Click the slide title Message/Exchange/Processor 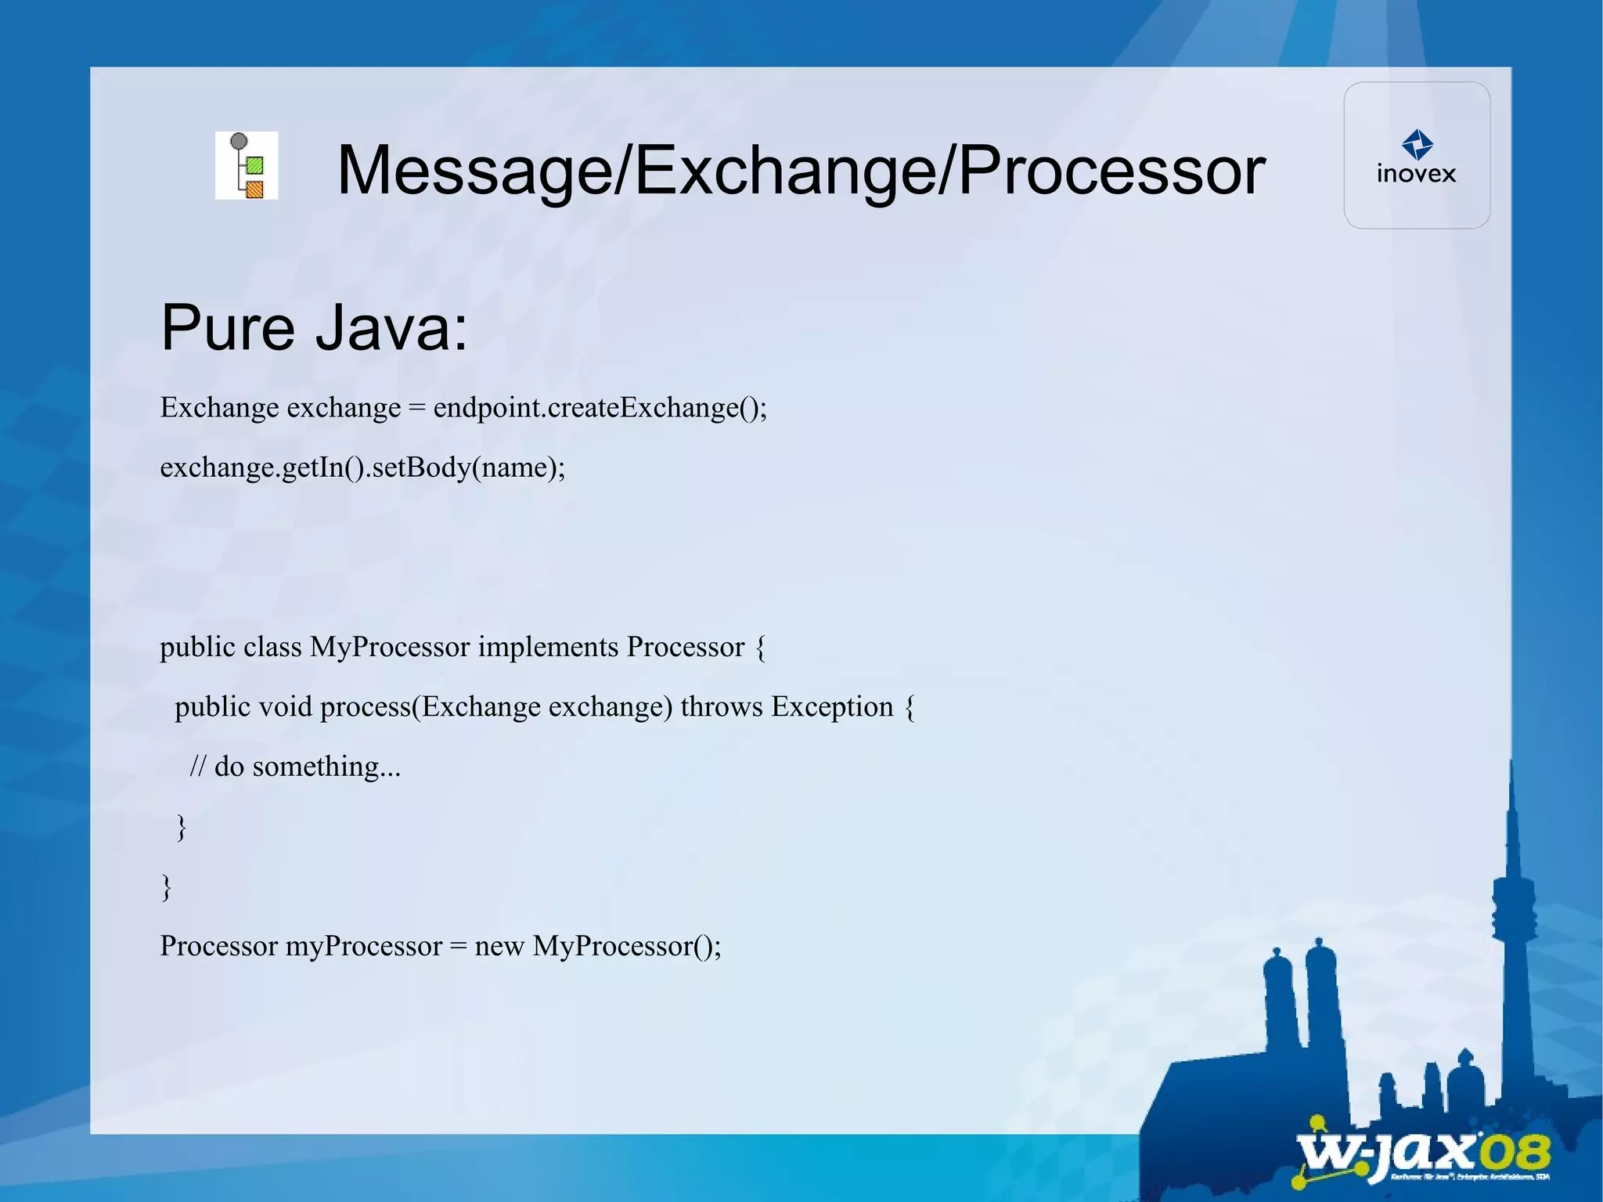point(800,170)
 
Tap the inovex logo point(1416,157)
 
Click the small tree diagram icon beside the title point(247,165)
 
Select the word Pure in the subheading point(228,327)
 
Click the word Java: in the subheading point(391,327)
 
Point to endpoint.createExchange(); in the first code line point(600,408)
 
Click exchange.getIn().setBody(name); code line point(362,467)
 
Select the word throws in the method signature point(721,707)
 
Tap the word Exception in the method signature point(831,707)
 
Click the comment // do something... point(295,767)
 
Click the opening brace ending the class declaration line point(761,648)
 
